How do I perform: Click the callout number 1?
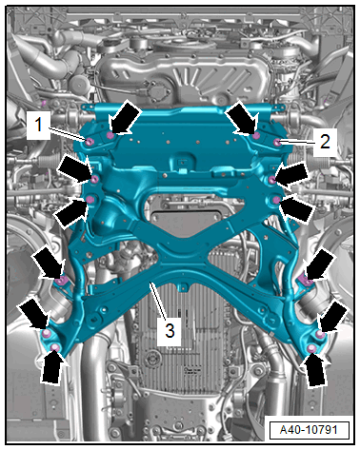[x=38, y=125]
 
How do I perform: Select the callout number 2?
[x=325, y=142]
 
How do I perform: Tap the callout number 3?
[x=170, y=331]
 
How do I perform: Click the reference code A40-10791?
[x=309, y=430]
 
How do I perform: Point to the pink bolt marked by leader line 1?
[x=90, y=142]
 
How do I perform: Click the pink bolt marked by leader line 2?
[x=277, y=143]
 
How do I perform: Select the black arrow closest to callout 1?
[x=124, y=118]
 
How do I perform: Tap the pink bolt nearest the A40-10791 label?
[x=311, y=349]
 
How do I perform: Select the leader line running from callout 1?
[x=68, y=133]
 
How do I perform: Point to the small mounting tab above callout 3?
[x=182, y=287]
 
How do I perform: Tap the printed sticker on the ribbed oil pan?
[x=191, y=370]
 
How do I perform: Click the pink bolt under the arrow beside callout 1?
[x=110, y=136]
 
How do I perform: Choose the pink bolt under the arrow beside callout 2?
[x=256, y=136]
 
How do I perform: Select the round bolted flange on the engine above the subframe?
[x=158, y=91]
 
